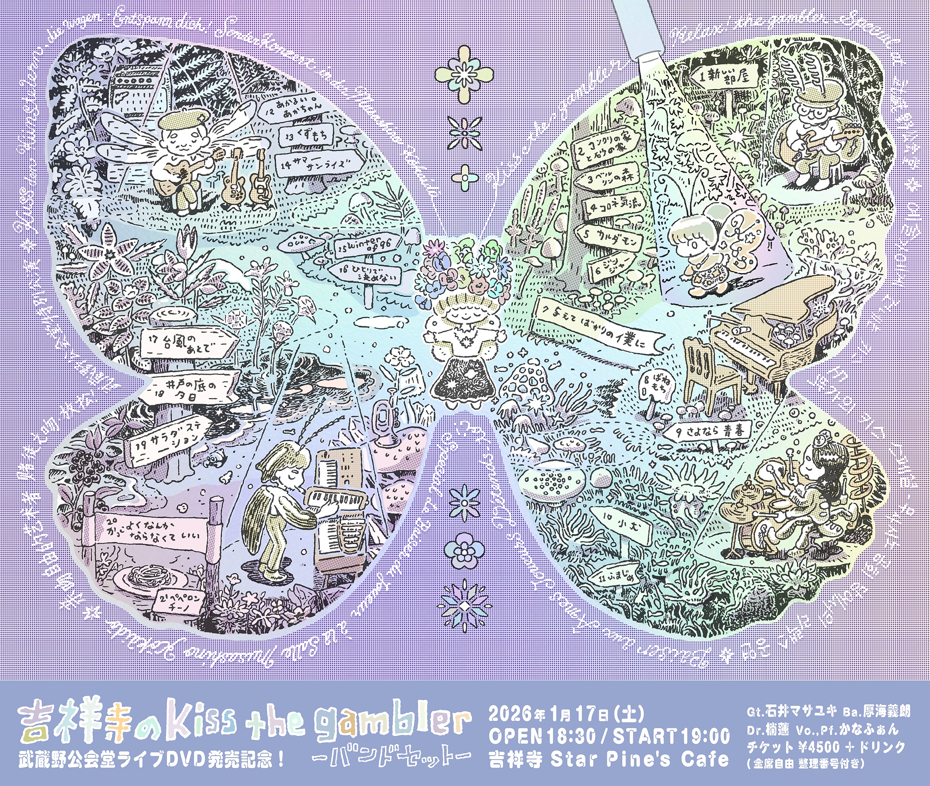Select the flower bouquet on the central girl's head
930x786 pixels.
point(463,267)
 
